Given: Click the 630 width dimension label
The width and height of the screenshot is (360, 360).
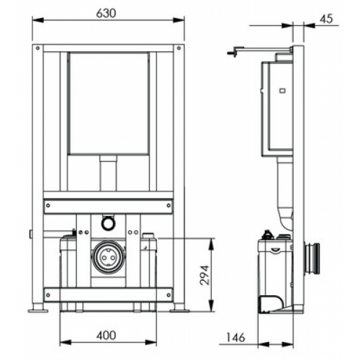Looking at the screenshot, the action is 106,14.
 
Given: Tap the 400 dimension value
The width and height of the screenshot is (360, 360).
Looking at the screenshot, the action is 106,336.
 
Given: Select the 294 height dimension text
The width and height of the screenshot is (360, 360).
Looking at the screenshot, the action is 204,275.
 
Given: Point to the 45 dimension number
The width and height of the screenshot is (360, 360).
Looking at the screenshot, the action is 326,19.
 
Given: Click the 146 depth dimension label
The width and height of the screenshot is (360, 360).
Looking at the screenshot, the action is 235,338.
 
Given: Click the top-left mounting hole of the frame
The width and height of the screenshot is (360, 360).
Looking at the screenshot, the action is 37,48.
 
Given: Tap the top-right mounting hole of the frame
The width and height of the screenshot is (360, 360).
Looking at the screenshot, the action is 179,48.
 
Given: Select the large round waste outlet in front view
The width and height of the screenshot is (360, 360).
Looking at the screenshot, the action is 108,257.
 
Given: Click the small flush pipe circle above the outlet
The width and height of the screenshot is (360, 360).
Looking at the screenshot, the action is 108,222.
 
